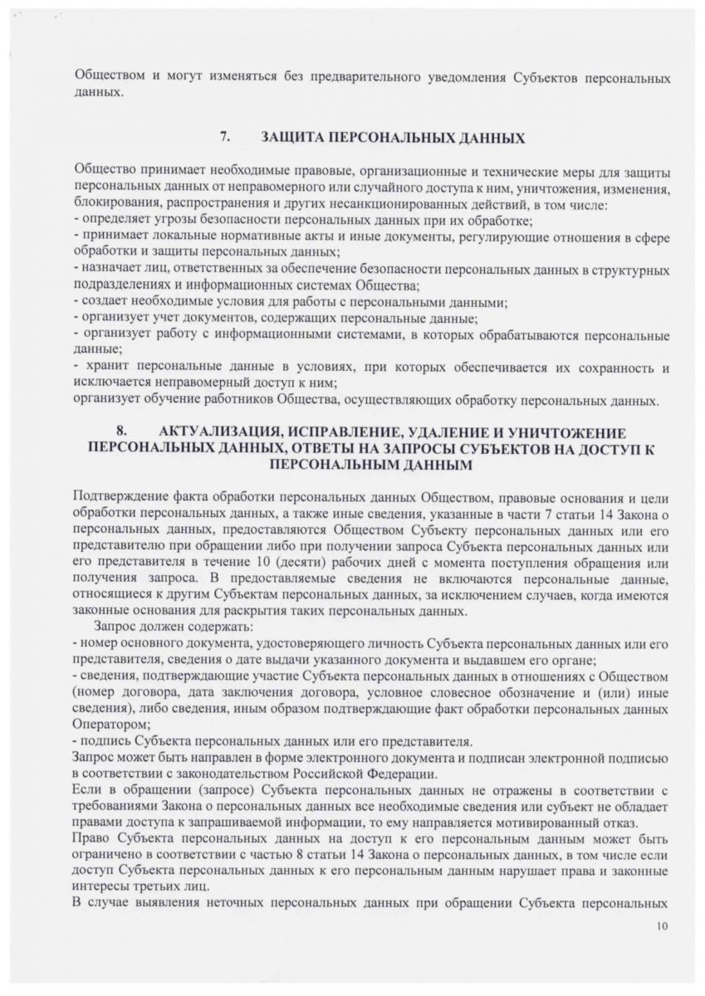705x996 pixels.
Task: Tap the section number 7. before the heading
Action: click(x=224, y=135)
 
